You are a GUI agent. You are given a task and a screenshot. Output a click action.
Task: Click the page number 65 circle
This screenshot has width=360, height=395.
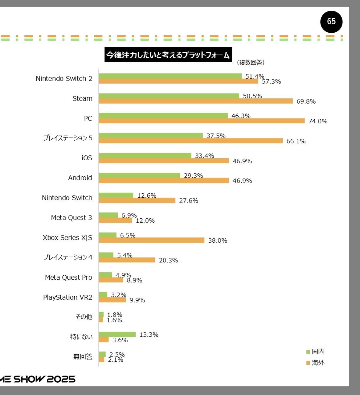(x=331, y=22)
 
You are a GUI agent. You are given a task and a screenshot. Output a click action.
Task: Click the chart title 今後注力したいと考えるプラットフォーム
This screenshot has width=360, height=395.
(x=168, y=55)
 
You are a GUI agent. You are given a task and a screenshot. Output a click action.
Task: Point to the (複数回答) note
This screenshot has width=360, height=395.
(x=251, y=63)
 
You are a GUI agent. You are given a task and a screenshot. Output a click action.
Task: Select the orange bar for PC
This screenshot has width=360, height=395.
(x=202, y=121)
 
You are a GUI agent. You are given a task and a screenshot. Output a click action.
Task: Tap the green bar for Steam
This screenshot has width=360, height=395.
(x=169, y=96)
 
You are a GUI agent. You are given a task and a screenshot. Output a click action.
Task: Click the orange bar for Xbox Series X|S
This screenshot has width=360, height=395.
(x=151, y=240)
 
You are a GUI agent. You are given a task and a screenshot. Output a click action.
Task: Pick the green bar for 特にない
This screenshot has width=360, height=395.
(x=117, y=335)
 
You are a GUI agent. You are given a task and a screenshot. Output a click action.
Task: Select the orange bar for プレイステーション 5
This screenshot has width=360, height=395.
(x=190, y=141)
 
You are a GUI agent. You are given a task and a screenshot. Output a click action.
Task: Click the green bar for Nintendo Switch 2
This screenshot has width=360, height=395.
(x=170, y=76)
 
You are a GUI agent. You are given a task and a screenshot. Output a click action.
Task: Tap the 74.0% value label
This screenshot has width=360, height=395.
(x=318, y=121)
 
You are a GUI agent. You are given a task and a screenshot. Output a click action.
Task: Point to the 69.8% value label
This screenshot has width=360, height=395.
(x=306, y=101)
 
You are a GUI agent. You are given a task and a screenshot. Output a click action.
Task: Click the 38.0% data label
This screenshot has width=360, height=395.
(x=218, y=241)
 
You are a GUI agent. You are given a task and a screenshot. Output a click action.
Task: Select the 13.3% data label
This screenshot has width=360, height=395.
(x=149, y=335)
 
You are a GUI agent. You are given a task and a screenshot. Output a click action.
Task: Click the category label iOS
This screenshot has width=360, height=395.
(x=87, y=158)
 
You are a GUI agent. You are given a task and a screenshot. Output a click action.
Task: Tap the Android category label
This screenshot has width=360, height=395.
(x=80, y=178)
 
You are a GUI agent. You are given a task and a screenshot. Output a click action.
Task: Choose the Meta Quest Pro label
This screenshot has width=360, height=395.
(x=68, y=278)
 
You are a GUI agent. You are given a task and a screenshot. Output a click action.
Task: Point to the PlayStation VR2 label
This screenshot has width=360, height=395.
(x=67, y=298)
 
